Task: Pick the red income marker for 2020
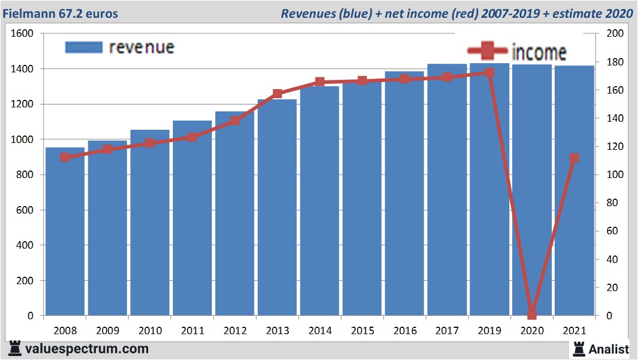[532, 314]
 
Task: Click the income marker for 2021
[574, 158]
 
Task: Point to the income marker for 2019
[489, 73]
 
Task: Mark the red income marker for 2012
[235, 121]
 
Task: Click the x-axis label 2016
[405, 331]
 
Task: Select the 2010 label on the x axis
[150, 331]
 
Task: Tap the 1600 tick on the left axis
[22, 33]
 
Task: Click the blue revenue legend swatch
[83, 47]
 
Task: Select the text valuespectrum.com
[87, 349]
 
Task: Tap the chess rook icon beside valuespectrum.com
[15, 348]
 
